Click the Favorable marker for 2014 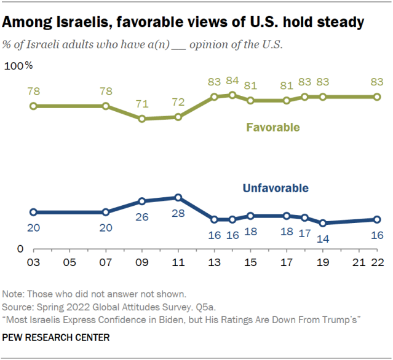coord(232,95)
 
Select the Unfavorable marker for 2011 coord(178,198)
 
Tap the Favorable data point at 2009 coord(142,118)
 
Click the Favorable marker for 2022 coord(377,96)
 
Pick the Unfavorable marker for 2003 coord(34,212)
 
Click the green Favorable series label coord(273,128)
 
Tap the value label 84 coord(232,80)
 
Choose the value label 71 coord(142,104)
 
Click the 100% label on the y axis coord(19,65)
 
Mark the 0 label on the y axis coord(20,249)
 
